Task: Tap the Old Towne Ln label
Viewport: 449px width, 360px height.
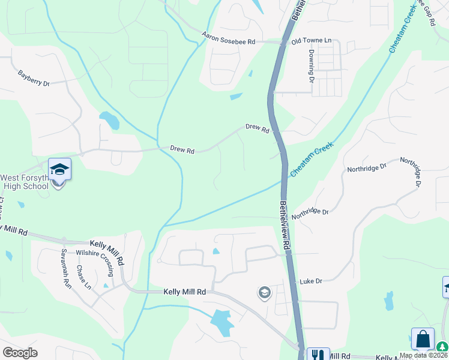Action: tap(311, 41)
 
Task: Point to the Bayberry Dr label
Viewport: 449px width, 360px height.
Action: tap(33, 79)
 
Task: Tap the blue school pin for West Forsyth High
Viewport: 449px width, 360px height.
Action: tap(59, 170)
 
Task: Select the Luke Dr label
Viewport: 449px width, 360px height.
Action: tap(311, 281)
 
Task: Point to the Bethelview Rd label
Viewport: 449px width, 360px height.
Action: tap(285, 225)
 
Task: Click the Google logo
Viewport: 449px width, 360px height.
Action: tap(20, 352)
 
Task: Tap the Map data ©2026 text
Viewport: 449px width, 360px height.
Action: tap(423, 355)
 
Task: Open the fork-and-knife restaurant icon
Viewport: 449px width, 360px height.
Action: tap(315, 355)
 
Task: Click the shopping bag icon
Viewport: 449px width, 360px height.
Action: tap(423, 339)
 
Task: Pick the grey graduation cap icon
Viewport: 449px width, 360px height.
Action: tap(264, 293)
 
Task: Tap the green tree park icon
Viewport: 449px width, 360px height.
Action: tap(443, 346)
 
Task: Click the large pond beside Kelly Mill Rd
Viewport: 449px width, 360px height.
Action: tap(221, 323)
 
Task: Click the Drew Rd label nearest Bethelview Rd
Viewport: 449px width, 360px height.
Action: tap(258, 128)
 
